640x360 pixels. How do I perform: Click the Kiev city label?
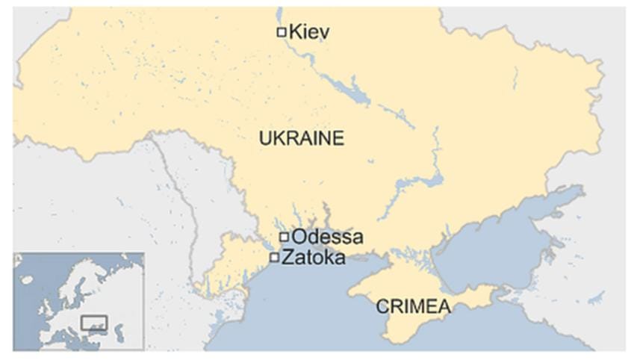point(308,32)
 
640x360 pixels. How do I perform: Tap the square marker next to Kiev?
point(282,32)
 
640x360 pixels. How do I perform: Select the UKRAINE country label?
point(301,138)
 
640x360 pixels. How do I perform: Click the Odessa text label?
point(327,238)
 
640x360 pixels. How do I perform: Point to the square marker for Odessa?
point(284,238)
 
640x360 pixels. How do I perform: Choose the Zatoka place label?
point(313,258)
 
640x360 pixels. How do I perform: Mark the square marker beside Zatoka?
point(275,258)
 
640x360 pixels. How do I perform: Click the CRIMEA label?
point(413,306)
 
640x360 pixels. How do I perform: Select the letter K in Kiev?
point(293,32)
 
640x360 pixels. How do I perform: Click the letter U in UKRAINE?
point(264,138)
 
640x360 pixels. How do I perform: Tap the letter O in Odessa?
point(298,238)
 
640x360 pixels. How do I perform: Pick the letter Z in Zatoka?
point(286,258)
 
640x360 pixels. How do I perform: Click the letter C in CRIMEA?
point(382,306)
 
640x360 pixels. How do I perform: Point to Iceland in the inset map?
point(27,279)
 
